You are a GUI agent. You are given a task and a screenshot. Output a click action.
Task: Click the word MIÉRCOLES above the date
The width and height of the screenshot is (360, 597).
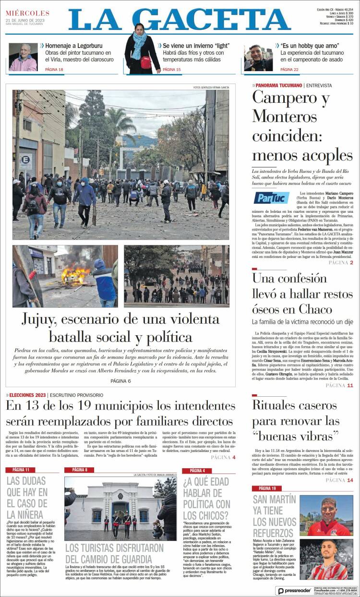(x=27, y=13)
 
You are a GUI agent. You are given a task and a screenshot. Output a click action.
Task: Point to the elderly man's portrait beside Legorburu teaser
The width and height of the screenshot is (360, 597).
(x=23, y=57)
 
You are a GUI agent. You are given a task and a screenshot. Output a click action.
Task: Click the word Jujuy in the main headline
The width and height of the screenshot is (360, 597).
(x=42, y=320)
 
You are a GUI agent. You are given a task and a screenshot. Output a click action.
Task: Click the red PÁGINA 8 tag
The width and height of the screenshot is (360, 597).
(x=80, y=470)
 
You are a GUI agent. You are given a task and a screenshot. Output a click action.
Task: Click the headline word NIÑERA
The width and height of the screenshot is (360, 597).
(x=27, y=514)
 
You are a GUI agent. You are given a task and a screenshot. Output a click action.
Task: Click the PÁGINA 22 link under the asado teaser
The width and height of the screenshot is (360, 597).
(x=289, y=70)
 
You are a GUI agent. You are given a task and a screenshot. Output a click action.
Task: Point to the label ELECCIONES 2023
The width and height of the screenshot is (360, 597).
(x=27, y=395)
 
